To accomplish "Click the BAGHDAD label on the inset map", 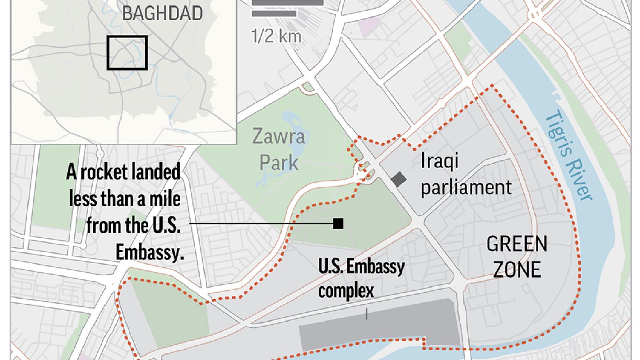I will tap(162, 13).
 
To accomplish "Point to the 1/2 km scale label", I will tap(276, 36).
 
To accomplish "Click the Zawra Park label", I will tap(279, 149).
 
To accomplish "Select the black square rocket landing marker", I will tap(338, 224).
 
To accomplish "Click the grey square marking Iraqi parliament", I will tap(399, 179).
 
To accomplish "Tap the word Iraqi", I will tap(440, 161).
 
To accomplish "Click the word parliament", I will tap(466, 188).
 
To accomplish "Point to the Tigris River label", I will tap(569, 155).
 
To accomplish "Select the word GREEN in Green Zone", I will tap(517, 244).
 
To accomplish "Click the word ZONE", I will tap(517, 270).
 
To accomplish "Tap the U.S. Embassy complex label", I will tap(361, 278).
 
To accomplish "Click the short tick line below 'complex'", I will tap(367, 314).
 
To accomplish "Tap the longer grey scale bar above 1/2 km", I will tap(288, 3).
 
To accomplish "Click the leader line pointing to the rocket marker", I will tap(261, 224).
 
